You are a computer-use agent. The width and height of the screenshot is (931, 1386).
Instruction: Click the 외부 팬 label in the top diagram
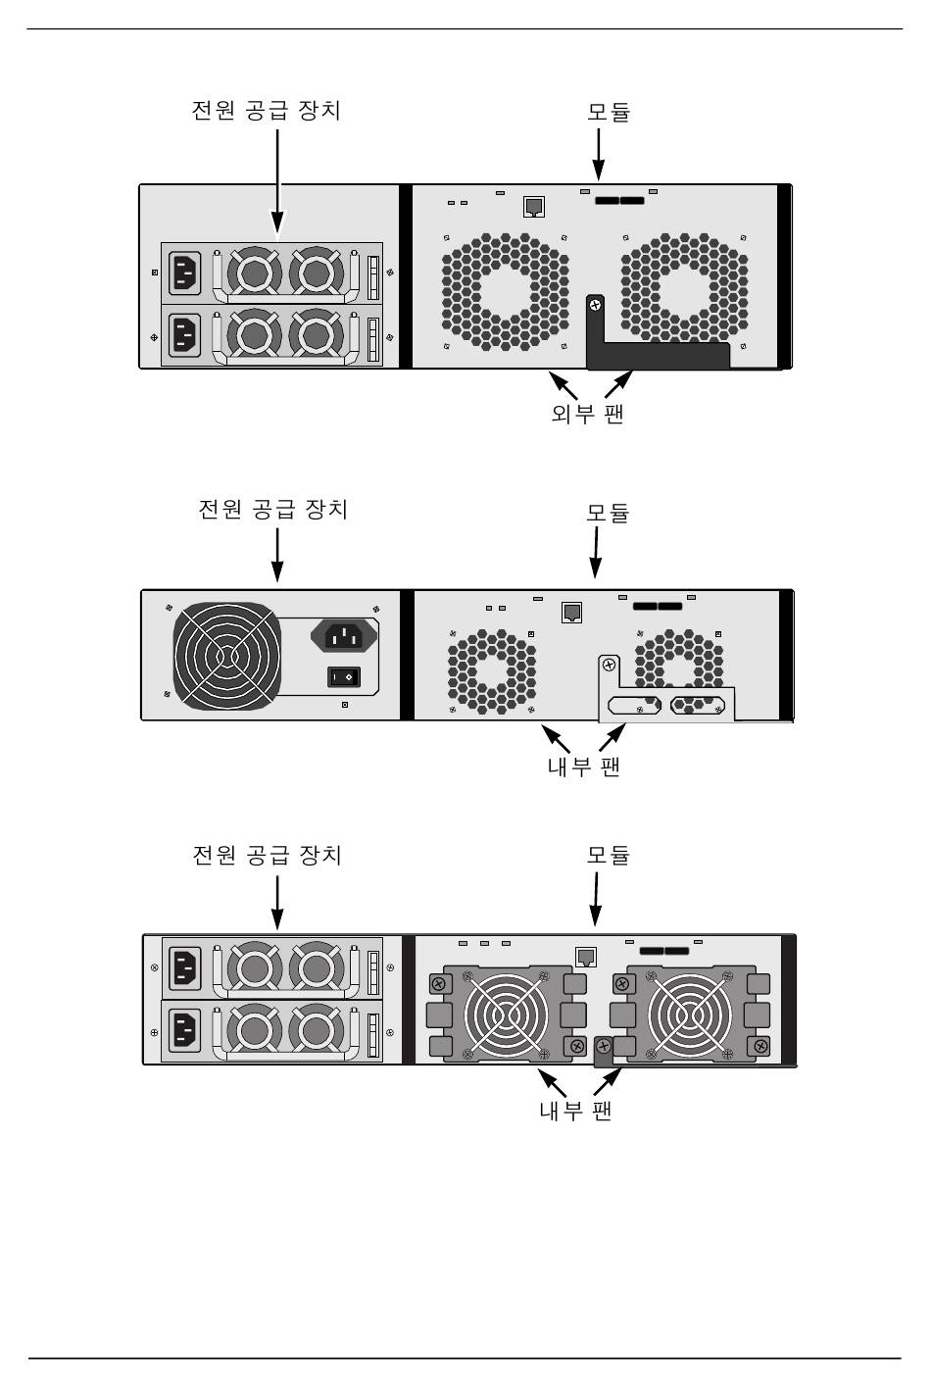coord(587,413)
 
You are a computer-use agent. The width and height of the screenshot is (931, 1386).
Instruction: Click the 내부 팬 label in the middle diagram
coord(583,765)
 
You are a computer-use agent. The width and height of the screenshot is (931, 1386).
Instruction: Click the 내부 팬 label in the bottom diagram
coord(575,1110)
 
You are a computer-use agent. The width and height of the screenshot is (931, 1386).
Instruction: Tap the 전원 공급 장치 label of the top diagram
coord(266,109)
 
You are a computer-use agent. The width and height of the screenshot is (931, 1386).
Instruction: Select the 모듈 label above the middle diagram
coord(608,513)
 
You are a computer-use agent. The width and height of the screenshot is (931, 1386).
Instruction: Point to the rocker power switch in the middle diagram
coord(343,676)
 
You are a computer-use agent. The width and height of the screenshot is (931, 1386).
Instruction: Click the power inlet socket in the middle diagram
coord(344,637)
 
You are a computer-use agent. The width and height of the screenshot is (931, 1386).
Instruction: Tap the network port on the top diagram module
coord(534,207)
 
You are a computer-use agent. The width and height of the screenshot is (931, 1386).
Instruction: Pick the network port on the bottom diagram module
coord(586,957)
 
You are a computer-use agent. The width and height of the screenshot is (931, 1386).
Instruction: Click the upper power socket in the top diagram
coord(186,272)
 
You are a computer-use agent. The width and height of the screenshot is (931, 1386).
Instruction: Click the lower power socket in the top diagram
coord(186,334)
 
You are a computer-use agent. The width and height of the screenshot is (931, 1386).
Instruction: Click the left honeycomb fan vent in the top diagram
coord(505,292)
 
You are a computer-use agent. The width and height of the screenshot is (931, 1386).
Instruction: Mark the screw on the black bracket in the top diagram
coord(594,307)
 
